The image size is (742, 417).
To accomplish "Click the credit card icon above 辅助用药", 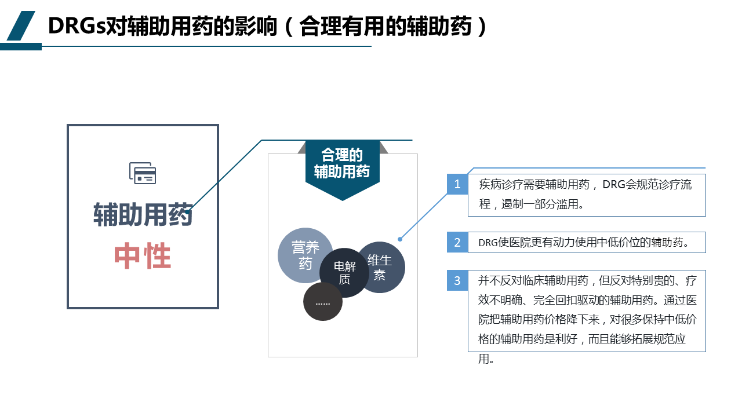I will (x=143, y=173).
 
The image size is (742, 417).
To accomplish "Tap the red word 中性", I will (x=143, y=257).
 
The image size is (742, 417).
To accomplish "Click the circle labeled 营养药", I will (x=305, y=255).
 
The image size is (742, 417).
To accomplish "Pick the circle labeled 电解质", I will (x=344, y=272).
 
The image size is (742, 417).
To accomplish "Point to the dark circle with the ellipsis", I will (x=323, y=302).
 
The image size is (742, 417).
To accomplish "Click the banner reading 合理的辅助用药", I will (x=342, y=164).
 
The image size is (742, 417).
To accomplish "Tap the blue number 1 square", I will (x=457, y=184).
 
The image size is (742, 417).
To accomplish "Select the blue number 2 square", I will (x=457, y=242).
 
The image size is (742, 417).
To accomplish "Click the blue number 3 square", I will (x=457, y=280).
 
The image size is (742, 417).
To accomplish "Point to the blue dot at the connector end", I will (x=400, y=239).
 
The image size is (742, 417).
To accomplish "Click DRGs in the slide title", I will (x=76, y=26).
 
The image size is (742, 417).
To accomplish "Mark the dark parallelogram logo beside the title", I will (x=21, y=26).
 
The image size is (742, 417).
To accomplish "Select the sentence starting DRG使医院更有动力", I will (x=584, y=243).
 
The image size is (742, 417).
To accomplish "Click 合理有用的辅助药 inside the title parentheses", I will (x=385, y=26).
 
